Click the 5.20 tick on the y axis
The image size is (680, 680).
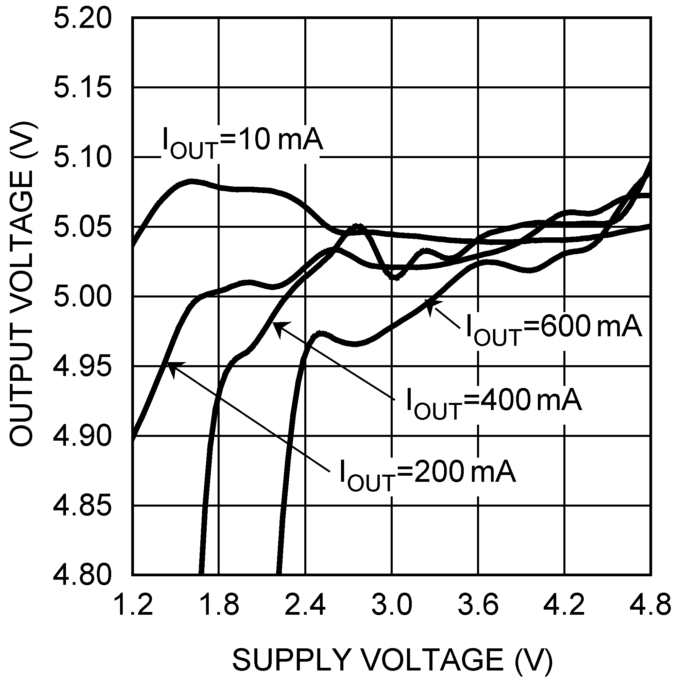coord(82,18)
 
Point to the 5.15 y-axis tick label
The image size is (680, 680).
coord(82,88)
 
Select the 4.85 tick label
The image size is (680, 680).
coord(82,506)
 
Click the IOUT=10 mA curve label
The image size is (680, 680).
coord(242,142)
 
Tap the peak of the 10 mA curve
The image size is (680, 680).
coord(191,182)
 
